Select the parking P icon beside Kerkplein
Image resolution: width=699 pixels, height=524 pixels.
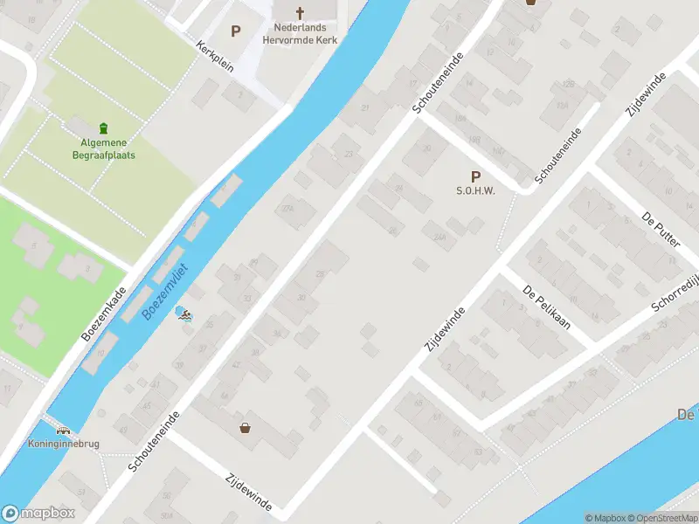point(235,31)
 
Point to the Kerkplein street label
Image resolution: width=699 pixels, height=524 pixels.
point(215,57)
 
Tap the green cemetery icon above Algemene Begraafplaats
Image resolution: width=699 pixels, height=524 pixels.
point(104,128)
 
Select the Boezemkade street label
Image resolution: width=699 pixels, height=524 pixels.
point(104,314)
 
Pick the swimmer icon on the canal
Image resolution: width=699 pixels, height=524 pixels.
point(184,314)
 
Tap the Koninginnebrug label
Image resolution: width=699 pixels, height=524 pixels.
point(63,444)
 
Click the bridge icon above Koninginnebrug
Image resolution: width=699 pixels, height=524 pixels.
point(63,430)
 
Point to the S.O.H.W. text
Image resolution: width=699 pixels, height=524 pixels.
point(475,191)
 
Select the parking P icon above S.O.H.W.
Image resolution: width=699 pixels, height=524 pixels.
point(476,176)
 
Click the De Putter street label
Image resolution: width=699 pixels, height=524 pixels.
point(661,229)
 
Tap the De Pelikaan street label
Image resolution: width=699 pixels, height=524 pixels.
point(547,307)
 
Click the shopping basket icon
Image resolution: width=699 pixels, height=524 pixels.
point(246,428)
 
